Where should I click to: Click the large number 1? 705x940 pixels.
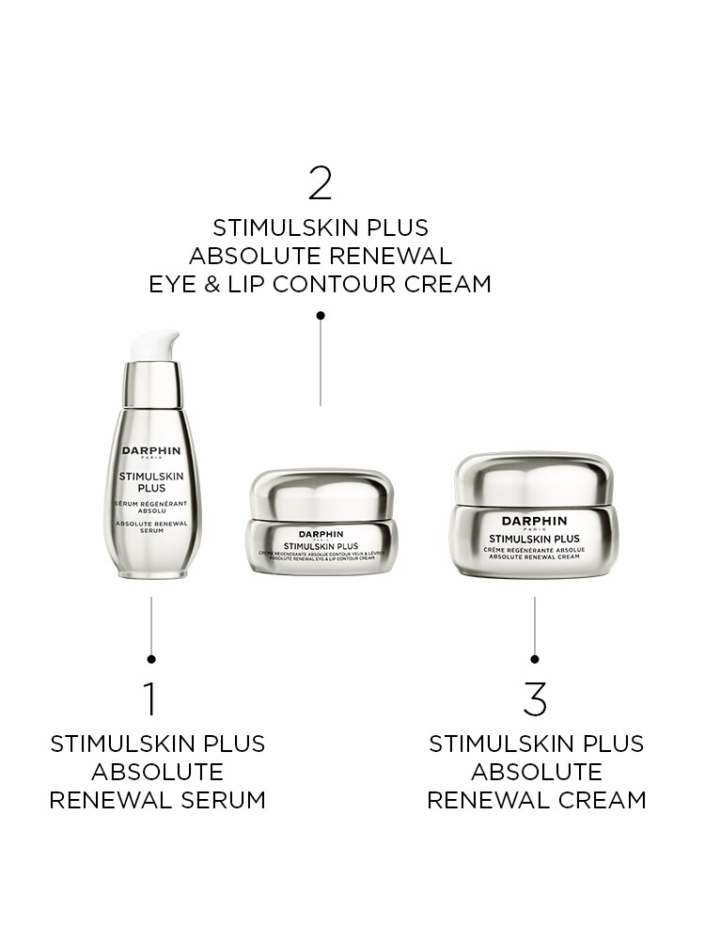click(x=150, y=699)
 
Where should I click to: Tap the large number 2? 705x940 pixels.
click(x=321, y=183)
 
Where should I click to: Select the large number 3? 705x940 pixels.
click(x=535, y=699)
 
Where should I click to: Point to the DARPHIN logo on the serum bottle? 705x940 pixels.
click(x=151, y=450)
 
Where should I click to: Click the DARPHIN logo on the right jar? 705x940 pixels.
click(x=534, y=520)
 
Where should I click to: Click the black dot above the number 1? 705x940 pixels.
click(x=151, y=659)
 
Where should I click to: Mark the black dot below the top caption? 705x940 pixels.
click(x=321, y=316)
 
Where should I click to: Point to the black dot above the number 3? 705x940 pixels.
click(x=535, y=659)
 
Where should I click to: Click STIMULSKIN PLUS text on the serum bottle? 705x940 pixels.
click(x=151, y=482)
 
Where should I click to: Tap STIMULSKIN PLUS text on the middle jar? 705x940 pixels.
click(x=321, y=544)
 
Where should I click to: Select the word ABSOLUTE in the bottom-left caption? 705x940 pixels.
click(x=157, y=772)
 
